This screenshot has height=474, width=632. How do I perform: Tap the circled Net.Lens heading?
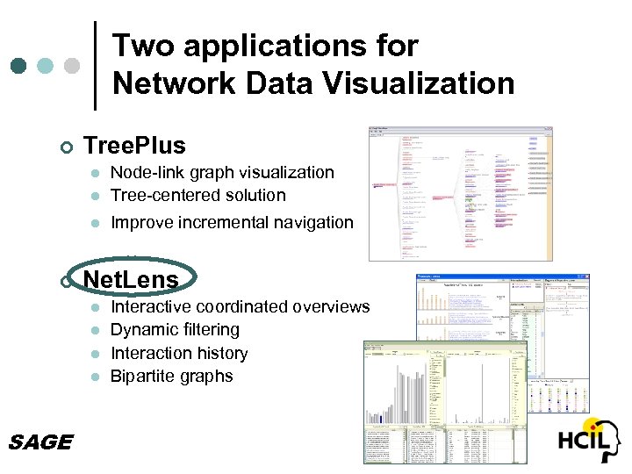tap(130, 280)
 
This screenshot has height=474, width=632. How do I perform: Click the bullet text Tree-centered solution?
tap(197, 195)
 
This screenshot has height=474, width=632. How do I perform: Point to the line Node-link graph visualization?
tap(221, 172)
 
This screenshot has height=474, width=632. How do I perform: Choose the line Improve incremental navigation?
tap(231, 222)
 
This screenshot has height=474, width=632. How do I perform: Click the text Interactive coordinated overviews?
tap(240, 306)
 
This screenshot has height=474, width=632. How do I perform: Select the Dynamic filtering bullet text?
tap(175, 329)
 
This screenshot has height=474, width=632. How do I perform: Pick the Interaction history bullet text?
tap(179, 353)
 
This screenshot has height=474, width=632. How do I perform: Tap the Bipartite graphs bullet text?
tap(171, 376)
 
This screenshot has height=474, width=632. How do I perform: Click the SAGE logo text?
tap(39, 442)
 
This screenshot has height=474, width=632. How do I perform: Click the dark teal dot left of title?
tap(19, 66)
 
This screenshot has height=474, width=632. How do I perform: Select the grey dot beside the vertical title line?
tap(72, 66)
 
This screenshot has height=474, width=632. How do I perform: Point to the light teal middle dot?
tap(46, 66)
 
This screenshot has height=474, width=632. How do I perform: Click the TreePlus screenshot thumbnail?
tap(460, 193)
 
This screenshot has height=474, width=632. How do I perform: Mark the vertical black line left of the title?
tap(95, 66)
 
